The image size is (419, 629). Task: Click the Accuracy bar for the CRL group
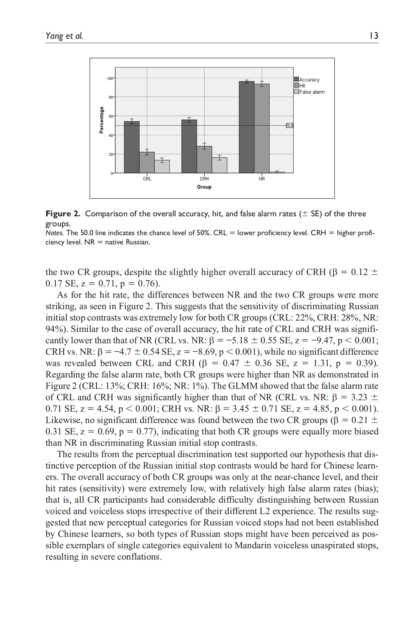tap(131, 147)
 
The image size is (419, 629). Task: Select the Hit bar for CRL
tap(147, 163)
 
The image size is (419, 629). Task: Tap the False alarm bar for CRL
tap(162, 166)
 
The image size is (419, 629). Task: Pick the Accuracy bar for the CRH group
tap(189, 146)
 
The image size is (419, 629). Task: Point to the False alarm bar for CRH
tap(220, 165)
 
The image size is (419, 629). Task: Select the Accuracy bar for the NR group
tap(247, 127)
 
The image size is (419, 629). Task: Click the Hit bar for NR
tap(262, 128)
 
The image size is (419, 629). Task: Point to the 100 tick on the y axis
tap(110, 78)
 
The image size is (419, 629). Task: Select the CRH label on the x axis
tap(204, 179)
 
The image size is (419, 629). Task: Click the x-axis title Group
tap(204, 187)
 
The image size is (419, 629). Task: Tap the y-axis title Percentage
tap(102, 120)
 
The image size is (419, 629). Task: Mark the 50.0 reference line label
tap(290, 126)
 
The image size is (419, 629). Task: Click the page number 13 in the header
tap(374, 36)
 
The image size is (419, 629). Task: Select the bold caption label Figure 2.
tap(63, 214)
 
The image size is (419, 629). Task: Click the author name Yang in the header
tap(54, 36)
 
